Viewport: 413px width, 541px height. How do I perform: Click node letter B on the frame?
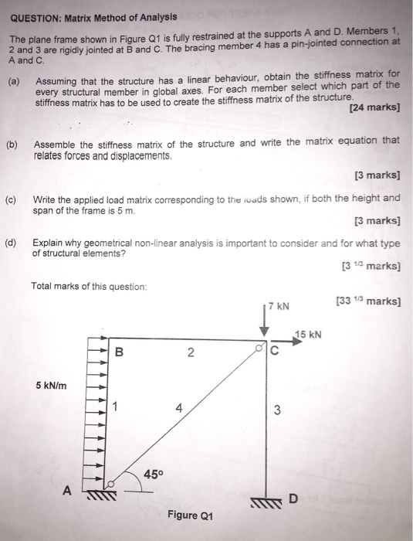coord(119,355)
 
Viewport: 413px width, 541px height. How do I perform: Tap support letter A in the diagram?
coord(67,490)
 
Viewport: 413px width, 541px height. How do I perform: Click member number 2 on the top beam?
coord(188,354)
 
